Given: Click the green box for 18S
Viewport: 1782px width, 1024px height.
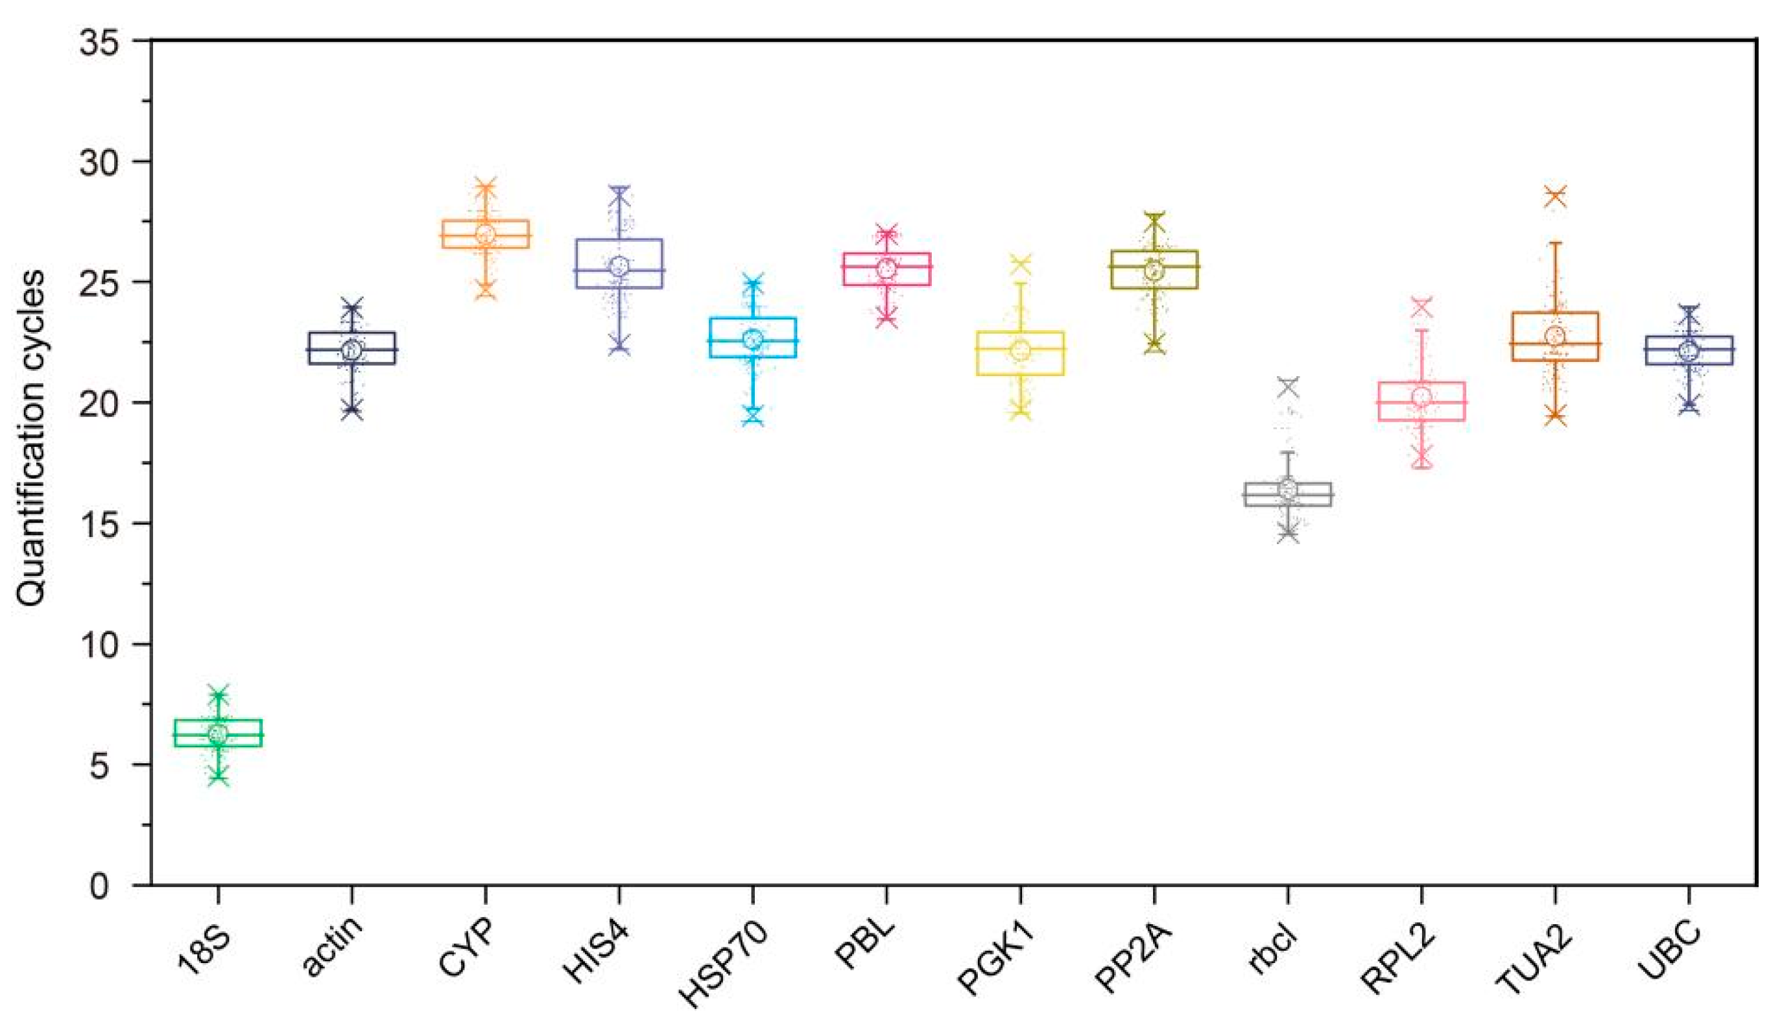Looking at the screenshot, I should point(218,733).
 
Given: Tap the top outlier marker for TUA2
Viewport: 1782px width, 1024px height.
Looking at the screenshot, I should point(1555,196).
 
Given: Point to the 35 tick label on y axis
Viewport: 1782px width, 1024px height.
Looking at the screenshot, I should point(99,42).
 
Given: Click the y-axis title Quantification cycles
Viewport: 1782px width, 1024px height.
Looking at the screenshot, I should point(32,440).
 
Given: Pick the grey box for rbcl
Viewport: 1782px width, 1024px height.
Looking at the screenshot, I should point(1288,494).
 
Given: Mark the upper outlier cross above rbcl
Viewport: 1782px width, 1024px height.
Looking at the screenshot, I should point(1289,386).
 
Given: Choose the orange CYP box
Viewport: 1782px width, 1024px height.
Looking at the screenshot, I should point(485,234).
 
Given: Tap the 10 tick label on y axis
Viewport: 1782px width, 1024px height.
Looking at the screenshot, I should point(99,645).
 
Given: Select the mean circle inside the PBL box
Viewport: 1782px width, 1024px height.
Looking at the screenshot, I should point(886,268).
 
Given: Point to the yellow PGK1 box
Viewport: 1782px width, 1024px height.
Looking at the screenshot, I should point(1021,353).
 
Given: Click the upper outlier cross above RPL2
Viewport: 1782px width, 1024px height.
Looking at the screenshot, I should point(1422,307).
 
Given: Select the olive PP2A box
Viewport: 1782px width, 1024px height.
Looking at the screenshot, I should point(1154,269).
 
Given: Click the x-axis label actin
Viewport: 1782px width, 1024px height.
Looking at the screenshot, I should point(333,946).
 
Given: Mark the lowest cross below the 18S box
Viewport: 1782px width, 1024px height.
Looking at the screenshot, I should point(219,777).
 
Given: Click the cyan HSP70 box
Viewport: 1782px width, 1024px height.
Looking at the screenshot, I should point(753,338).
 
